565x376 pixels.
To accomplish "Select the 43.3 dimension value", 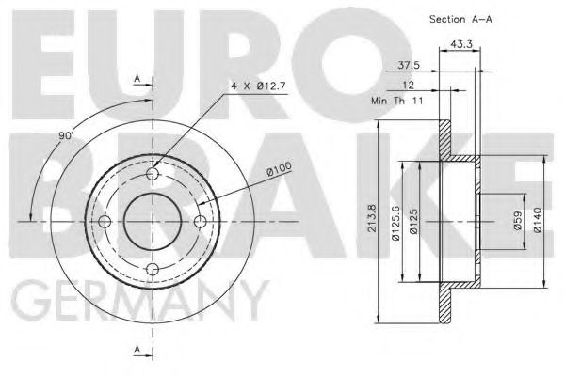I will coord(461,45).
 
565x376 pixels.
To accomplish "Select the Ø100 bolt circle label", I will coord(278,170).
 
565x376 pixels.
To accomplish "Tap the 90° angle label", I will coord(66,136).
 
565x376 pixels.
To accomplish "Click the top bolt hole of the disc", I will coord(154,174).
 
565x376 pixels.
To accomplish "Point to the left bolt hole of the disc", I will coord(106,222).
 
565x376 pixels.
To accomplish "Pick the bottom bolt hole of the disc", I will coord(154,270).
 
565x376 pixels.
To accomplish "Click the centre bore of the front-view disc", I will coord(154,222).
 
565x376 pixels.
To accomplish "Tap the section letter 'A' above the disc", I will coord(138,79).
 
